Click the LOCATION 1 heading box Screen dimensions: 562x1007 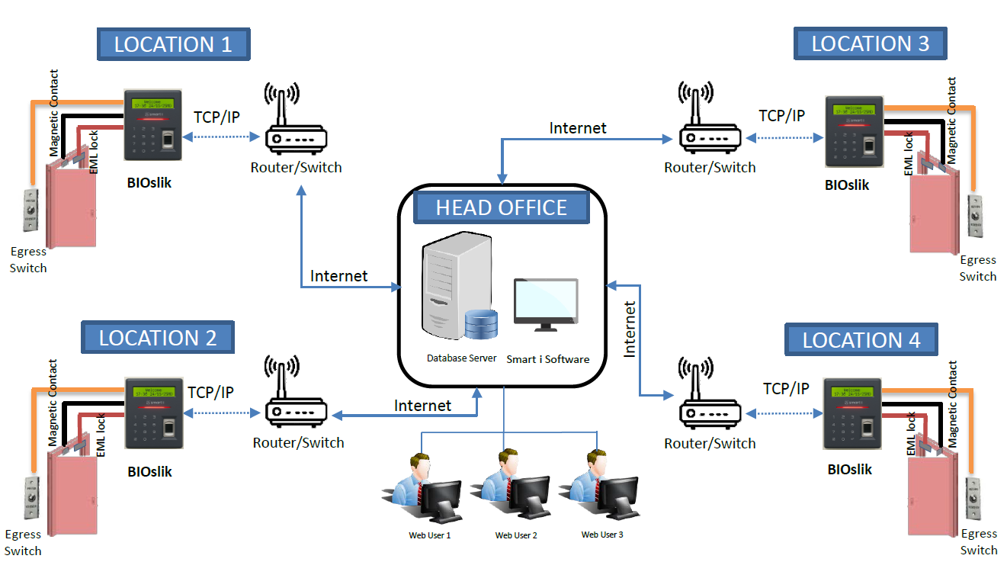point(173,44)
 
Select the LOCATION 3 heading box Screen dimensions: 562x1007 point(870,43)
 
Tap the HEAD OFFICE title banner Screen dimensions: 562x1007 point(501,207)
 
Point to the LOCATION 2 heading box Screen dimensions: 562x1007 point(158,337)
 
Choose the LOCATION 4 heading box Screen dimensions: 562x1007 point(861,340)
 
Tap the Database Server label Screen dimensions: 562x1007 point(461,358)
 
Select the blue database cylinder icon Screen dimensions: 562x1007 point(480,324)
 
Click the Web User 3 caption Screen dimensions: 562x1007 point(602,535)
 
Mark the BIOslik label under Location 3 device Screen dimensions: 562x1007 point(847,185)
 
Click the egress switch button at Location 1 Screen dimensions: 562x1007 point(30,210)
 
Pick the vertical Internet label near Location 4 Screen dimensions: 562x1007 point(630,329)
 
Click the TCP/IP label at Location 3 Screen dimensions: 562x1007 point(781,116)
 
